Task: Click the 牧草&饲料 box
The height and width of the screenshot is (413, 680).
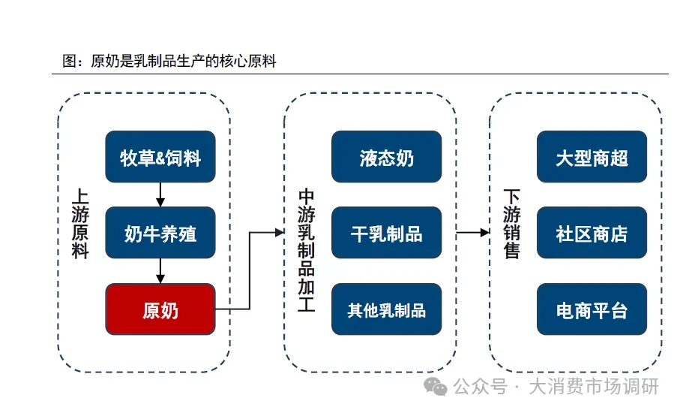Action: (x=160, y=157)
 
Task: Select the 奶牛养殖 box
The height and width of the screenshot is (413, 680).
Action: (x=160, y=233)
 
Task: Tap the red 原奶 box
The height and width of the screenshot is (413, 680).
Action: (x=160, y=309)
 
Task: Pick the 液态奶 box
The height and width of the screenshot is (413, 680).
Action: (x=386, y=157)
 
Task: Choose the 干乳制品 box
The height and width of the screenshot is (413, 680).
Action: (x=386, y=233)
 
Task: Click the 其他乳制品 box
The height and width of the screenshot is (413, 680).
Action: (x=386, y=309)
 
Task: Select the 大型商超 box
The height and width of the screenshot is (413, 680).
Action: (x=592, y=157)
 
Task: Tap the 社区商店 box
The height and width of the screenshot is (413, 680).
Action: (x=592, y=233)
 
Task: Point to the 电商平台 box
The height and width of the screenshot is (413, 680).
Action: (x=592, y=309)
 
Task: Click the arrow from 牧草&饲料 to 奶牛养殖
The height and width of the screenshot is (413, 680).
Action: (x=160, y=194)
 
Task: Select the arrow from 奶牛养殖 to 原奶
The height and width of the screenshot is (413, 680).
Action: (x=160, y=270)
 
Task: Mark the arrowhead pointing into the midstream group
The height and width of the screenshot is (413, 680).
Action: (x=279, y=233)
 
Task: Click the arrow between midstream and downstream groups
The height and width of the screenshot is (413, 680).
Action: (x=473, y=233)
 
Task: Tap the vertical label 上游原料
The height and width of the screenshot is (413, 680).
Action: (x=79, y=223)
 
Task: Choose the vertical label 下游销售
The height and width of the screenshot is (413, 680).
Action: (x=511, y=223)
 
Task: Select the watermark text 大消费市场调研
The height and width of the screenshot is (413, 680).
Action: (x=594, y=387)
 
